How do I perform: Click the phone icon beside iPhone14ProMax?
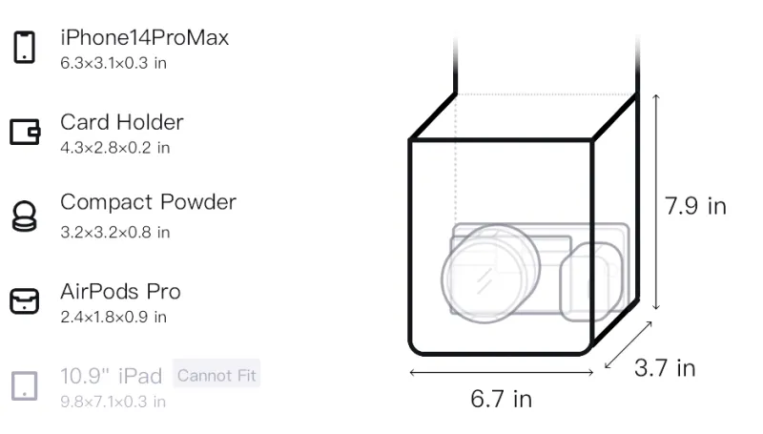25,47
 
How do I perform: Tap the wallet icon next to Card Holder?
25,132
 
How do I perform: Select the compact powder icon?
25,216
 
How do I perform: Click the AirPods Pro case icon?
25,300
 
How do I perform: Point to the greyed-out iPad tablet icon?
25,386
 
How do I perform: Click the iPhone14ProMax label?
145,37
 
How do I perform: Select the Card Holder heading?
122,122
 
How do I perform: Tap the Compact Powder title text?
149,202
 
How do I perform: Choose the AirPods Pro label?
120,292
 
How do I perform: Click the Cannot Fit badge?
217,375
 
